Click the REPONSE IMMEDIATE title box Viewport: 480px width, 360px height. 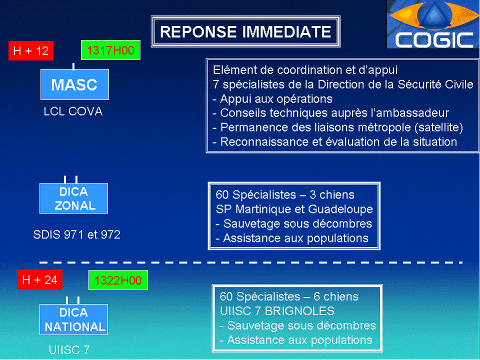pyautogui.click(x=245, y=32)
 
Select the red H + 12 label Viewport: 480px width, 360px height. pyautogui.click(x=31, y=51)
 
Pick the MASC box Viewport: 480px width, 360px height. pyautogui.click(x=74, y=84)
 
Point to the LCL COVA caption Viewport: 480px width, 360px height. pyautogui.click(x=73, y=111)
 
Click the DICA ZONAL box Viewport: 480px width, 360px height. pyautogui.click(x=74, y=198)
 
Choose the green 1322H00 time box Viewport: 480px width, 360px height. pyautogui.click(x=118, y=280)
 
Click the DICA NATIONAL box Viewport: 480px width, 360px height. pyautogui.click(x=74, y=320)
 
